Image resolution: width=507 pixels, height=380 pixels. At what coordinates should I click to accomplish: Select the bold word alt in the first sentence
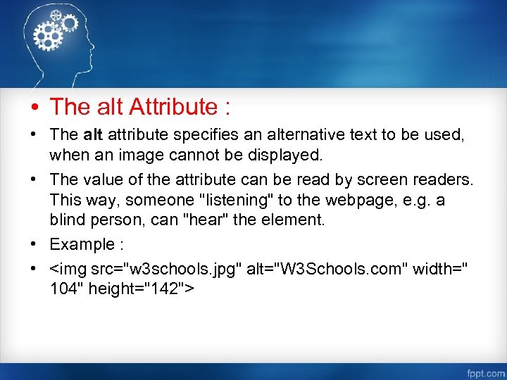pos(93,134)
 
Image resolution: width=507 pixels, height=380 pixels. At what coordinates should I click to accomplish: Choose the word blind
pos(65,219)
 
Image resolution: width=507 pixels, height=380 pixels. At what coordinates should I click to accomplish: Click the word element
pos(289,219)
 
